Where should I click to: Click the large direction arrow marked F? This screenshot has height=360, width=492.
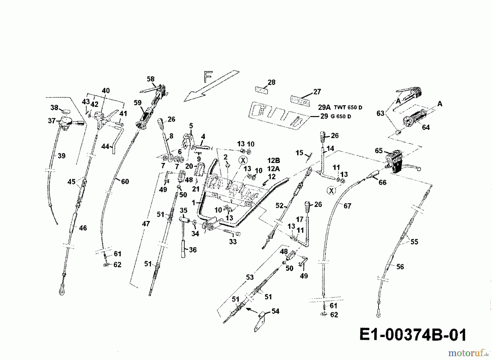(x=210, y=86)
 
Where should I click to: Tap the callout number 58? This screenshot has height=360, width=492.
(x=151, y=79)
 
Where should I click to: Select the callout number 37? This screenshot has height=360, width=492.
(x=52, y=121)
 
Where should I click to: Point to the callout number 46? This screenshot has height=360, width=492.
(x=83, y=228)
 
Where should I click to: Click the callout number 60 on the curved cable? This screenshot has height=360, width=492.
(x=125, y=181)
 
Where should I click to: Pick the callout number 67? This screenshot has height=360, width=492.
(x=347, y=206)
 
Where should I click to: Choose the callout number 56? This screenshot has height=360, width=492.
(x=400, y=267)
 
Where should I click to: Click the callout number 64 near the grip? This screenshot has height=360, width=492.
(x=426, y=127)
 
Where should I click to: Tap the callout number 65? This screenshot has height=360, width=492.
(x=379, y=150)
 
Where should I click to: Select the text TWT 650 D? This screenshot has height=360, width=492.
(x=348, y=107)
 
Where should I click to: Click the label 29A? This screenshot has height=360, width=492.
(x=324, y=107)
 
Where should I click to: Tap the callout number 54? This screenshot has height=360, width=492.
(x=275, y=311)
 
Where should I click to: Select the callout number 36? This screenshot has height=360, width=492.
(x=193, y=250)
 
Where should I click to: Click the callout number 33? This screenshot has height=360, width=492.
(x=233, y=241)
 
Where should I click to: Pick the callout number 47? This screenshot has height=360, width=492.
(x=146, y=224)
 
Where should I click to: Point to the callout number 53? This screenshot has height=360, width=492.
(x=250, y=277)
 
